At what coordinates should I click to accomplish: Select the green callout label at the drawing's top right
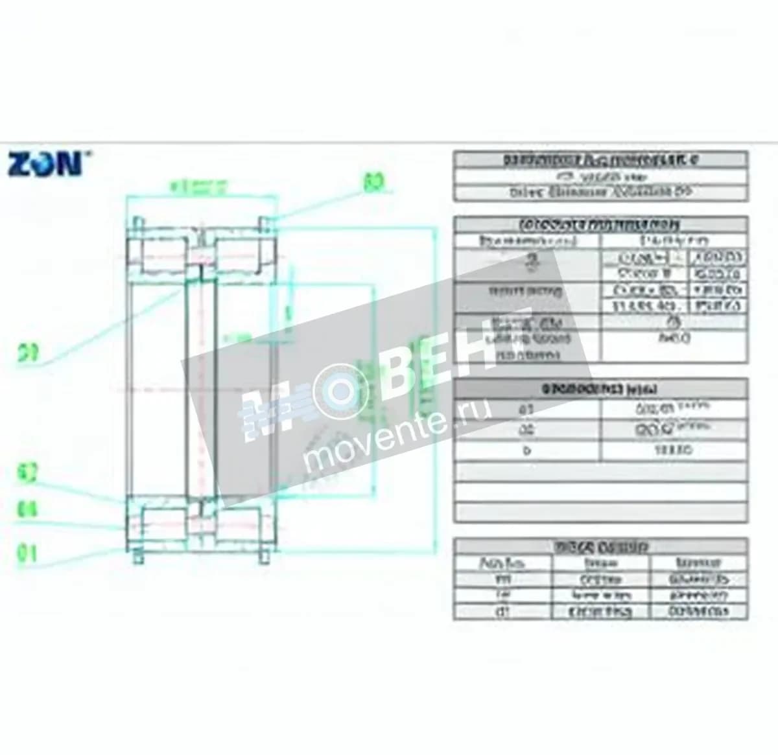372,182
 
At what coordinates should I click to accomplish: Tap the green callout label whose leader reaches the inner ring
28,353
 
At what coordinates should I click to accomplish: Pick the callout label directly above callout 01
27,510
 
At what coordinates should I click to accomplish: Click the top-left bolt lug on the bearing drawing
138,224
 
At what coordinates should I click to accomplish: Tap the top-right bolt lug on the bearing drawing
266,224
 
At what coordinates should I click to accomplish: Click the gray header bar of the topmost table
600,159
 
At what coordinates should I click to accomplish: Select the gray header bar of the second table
600,225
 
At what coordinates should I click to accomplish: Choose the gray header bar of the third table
600,389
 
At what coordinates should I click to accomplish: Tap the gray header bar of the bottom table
600,547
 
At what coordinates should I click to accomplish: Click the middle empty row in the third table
600,492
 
